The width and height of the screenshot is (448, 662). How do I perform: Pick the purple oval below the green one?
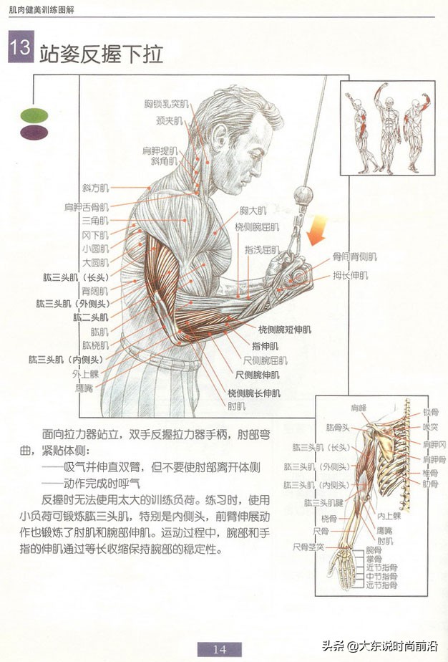tap(33, 131)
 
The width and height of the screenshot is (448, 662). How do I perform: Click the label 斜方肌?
tap(94, 188)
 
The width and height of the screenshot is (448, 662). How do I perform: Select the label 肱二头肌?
tap(90, 316)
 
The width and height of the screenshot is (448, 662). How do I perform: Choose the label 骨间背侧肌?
tap(354, 256)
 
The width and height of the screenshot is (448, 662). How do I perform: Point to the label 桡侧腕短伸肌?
tap(285, 330)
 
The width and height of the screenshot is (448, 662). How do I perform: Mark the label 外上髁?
tap(85, 373)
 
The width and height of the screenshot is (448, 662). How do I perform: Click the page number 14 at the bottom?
tap(219, 649)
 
